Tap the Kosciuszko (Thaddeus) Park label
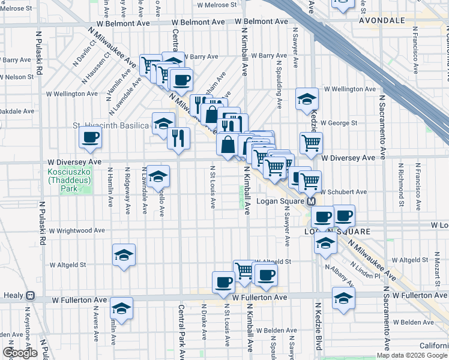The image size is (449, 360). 67,175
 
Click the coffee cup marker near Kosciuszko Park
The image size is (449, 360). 90,137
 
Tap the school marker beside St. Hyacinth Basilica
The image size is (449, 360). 163,124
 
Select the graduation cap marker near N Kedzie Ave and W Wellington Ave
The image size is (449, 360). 307,99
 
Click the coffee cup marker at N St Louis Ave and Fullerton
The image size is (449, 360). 223,281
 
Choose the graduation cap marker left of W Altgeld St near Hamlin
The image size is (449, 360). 123,255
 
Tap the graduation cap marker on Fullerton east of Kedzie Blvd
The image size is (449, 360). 343,298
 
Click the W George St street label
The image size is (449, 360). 339,123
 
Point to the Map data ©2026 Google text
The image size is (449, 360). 411,355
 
